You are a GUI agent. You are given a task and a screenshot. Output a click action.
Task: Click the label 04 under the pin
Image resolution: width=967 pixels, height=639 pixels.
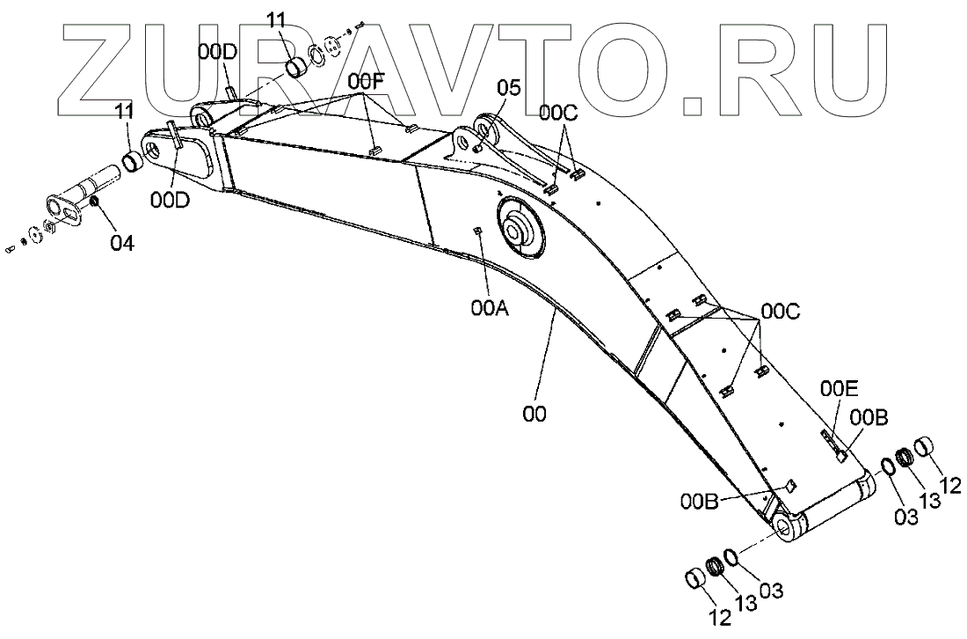point(122,241)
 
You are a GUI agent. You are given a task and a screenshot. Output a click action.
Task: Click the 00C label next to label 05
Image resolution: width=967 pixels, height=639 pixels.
point(558,112)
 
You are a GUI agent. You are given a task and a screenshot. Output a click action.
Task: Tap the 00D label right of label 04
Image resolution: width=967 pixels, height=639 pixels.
point(169,200)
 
